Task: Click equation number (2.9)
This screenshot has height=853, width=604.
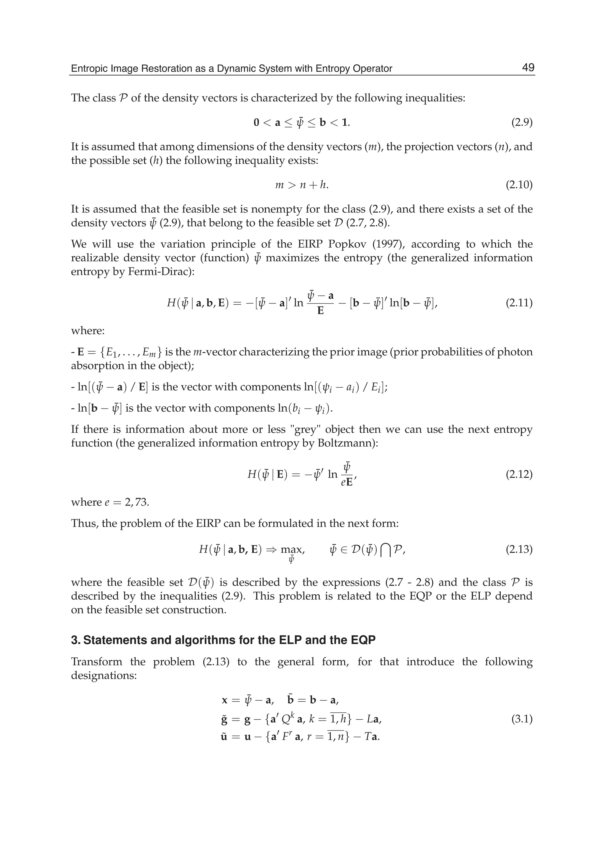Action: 522,122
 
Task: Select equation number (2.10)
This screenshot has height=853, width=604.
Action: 519,185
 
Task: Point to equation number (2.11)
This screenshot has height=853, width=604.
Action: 519,303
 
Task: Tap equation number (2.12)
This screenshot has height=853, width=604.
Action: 519,474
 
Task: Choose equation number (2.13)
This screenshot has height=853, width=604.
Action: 519,549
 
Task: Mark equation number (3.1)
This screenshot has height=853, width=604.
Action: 522,719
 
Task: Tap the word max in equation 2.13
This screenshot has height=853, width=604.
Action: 292,549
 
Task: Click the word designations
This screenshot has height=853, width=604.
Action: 104,675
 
